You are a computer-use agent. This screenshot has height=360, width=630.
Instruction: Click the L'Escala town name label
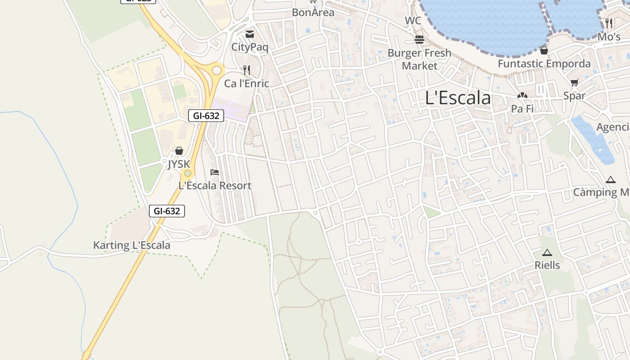[x=458, y=98]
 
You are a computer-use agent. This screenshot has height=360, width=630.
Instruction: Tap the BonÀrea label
[x=313, y=13]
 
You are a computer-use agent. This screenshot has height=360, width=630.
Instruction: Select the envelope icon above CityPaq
[x=250, y=34]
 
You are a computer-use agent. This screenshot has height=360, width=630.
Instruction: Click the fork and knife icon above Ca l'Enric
[x=247, y=70]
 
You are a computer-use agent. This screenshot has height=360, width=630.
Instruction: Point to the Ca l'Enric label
[x=247, y=83]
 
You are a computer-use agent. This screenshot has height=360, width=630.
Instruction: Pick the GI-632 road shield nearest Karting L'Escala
[x=167, y=211]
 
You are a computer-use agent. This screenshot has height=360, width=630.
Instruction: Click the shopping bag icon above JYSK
[x=179, y=150]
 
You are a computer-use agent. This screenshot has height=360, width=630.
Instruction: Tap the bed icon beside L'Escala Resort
[x=215, y=172]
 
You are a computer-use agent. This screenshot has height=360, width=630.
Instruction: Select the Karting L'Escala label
[x=131, y=245]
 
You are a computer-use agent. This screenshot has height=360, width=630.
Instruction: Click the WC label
[x=413, y=21]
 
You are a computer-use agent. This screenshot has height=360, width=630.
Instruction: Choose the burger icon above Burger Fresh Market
[x=419, y=40]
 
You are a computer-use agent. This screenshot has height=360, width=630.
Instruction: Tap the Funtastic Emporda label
[x=544, y=64]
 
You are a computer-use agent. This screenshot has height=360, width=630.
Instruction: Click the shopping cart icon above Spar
[x=574, y=82]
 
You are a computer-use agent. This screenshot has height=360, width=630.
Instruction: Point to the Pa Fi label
[x=522, y=108]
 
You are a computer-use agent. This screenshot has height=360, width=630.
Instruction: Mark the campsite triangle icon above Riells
[x=547, y=252]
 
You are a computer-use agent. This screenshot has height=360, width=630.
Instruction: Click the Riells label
[x=547, y=265]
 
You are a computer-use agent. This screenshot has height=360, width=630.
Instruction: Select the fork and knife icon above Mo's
[x=609, y=23]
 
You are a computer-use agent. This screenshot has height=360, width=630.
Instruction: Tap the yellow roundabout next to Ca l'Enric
[x=217, y=70]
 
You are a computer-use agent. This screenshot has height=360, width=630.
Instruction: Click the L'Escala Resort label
[x=215, y=185]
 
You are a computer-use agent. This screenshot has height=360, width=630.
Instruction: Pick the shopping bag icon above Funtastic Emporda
[x=544, y=50]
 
